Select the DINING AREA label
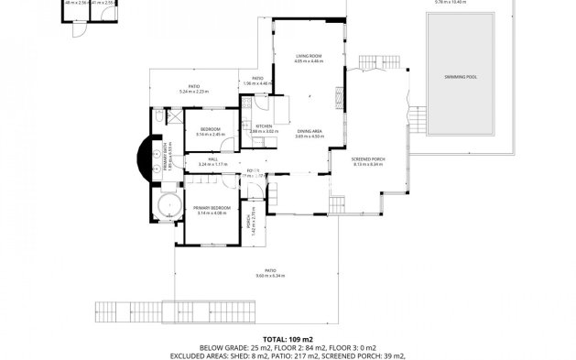309,132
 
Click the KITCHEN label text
264,125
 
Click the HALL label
212,158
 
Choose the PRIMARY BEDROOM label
211,208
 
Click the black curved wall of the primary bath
141,157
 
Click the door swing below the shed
82,28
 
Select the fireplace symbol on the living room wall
341,93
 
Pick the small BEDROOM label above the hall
211,129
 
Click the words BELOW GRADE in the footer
197,347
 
